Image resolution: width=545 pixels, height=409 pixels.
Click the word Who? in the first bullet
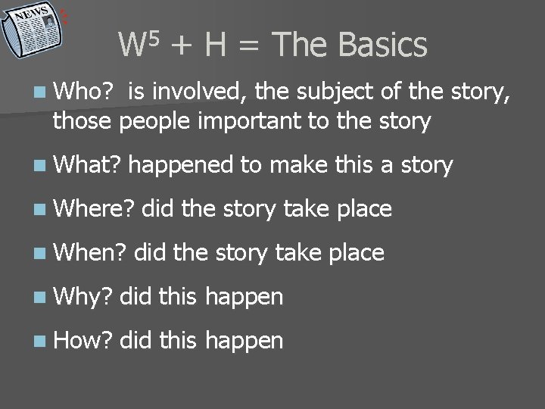(x=83, y=92)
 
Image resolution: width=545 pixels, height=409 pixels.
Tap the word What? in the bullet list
(x=84, y=164)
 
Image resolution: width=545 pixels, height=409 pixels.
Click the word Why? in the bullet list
(x=80, y=297)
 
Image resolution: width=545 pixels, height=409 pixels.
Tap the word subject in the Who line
(x=331, y=92)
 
